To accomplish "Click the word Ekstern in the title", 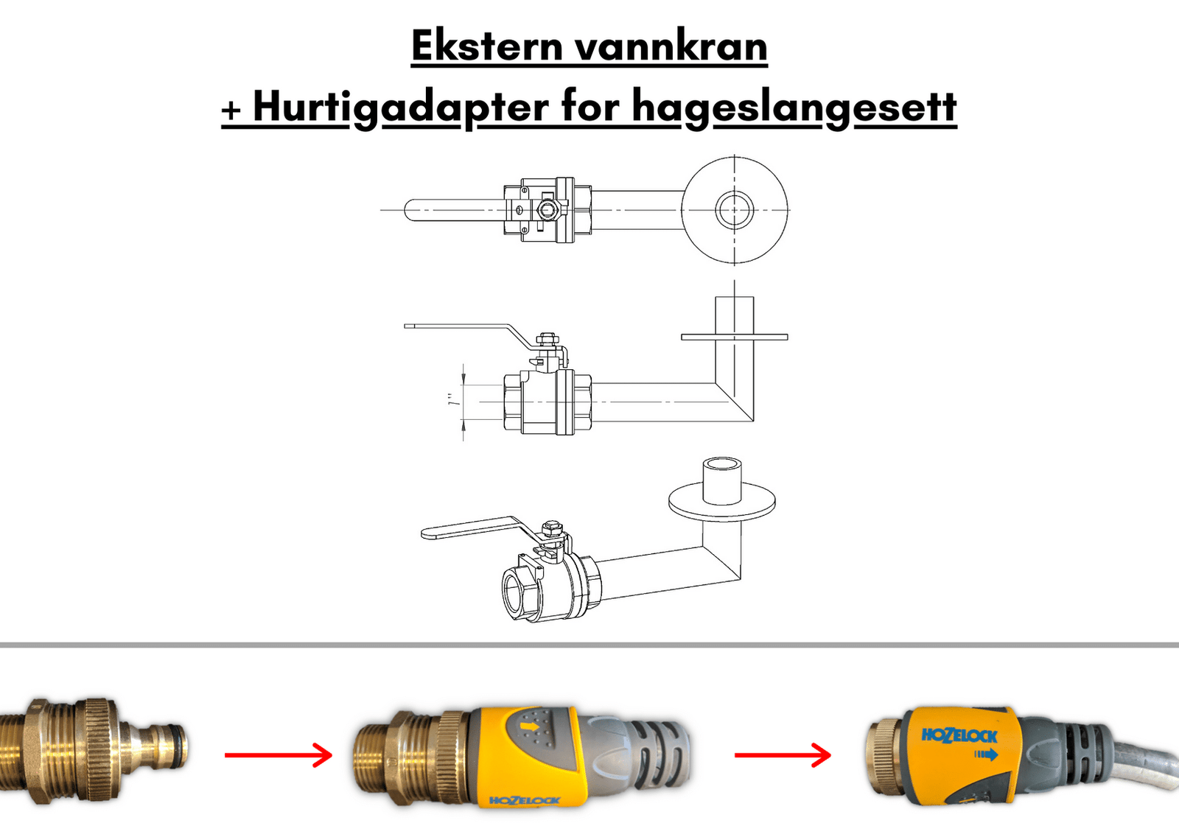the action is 488,46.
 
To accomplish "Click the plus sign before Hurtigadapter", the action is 231,111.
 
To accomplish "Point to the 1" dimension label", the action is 452,400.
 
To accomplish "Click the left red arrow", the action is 279,755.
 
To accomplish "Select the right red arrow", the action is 783,755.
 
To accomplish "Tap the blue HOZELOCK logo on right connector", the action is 959,735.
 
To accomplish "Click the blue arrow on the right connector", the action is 986,755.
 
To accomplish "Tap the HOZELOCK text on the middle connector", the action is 524,801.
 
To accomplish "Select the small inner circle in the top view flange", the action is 734,209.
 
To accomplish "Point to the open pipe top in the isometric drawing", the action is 722,465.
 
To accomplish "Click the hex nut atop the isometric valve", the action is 551,527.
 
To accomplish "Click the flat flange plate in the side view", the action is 734,337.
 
